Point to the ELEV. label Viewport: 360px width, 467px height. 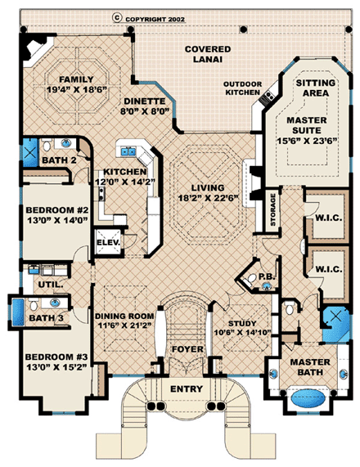[x=108, y=242]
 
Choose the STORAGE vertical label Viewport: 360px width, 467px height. [x=271, y=209]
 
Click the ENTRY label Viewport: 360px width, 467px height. [x=187, y=388]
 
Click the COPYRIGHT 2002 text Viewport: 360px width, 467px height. [x=168, y=16]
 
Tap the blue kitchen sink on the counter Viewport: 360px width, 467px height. [x=129, y=150]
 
